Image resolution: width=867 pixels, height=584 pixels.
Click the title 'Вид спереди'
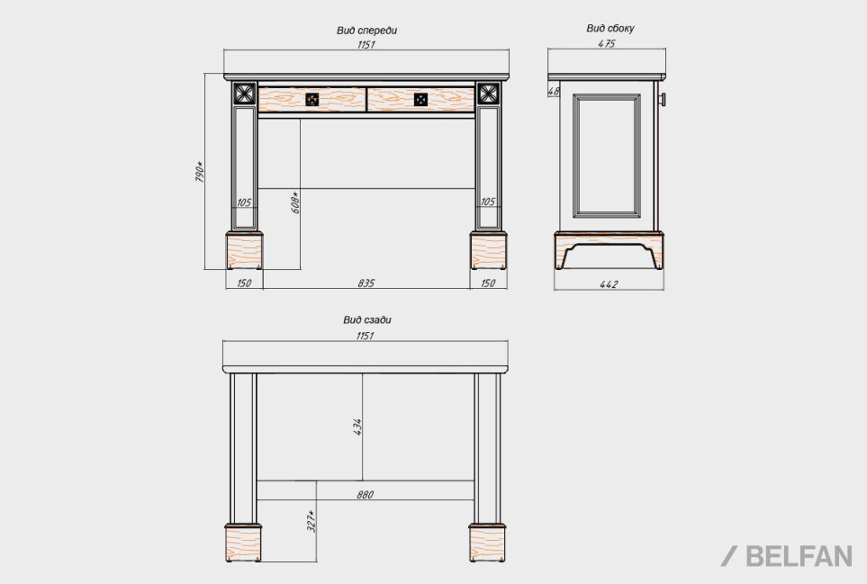366,31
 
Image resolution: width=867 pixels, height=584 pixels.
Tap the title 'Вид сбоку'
610,28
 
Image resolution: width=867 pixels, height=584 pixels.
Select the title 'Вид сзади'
366,320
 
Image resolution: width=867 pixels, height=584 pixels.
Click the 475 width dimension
607,43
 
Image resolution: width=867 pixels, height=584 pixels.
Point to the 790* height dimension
200,172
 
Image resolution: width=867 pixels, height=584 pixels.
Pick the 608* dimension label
295,202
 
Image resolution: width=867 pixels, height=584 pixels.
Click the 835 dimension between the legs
366,283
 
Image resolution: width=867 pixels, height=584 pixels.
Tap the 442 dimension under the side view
609,284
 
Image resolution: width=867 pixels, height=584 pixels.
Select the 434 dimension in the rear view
357,427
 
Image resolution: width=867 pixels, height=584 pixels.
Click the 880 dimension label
365,495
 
